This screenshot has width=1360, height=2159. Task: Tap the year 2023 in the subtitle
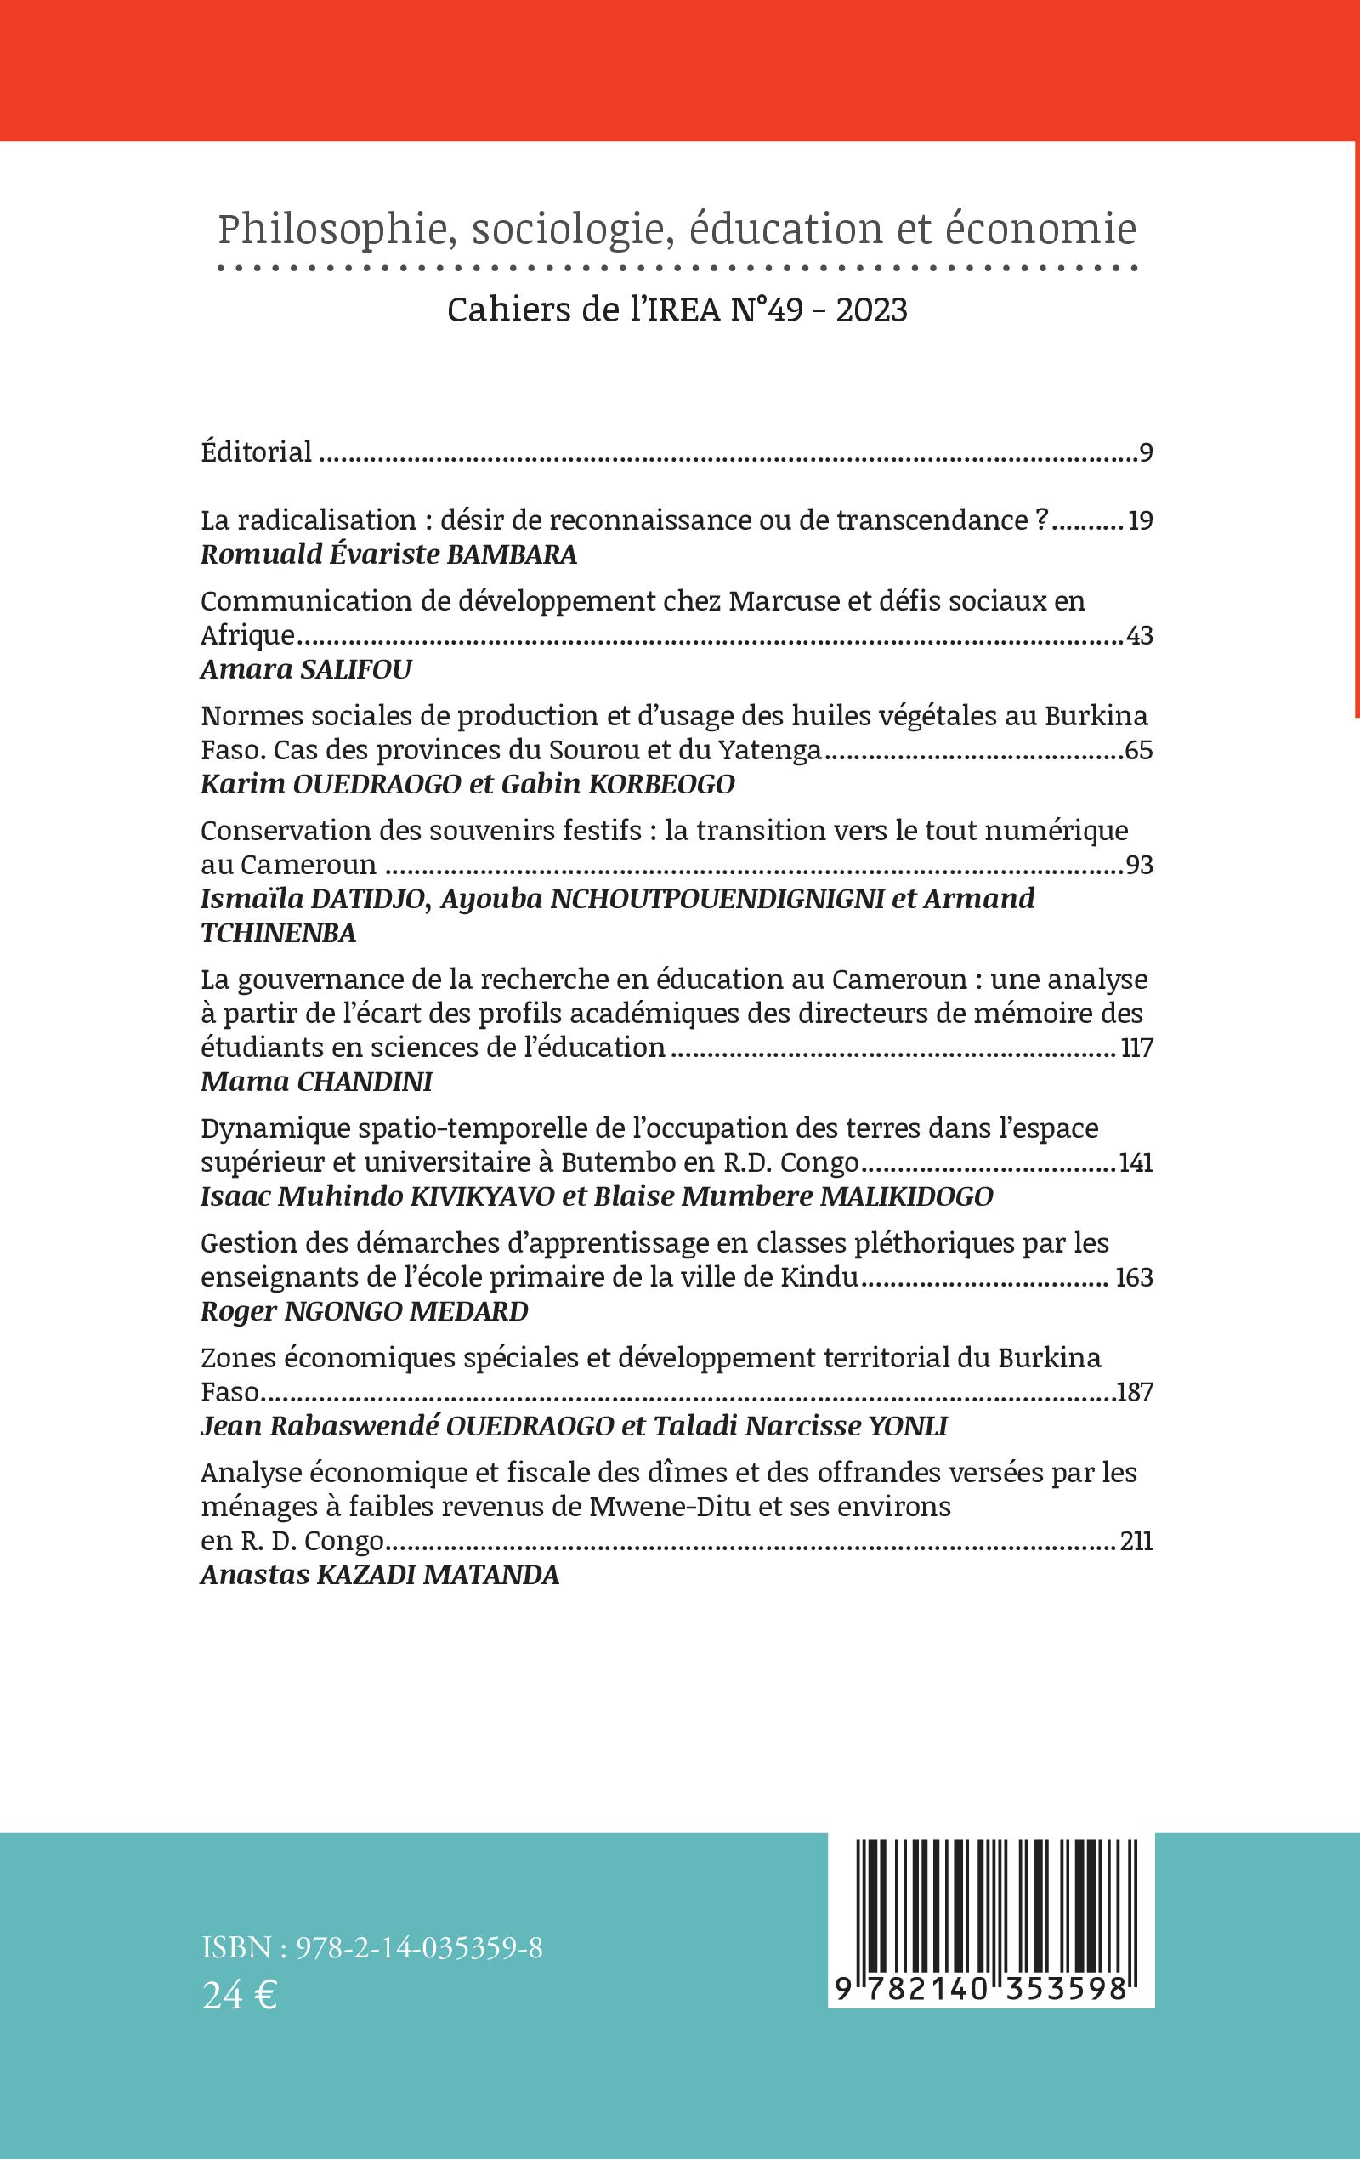(871, 310)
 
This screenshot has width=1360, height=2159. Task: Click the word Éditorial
(257, 451)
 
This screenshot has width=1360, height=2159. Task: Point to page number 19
(1140, 521)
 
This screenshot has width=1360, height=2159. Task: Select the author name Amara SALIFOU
(306, 670)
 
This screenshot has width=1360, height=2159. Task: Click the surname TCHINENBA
(279, 934)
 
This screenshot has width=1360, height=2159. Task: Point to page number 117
(1136, 1048)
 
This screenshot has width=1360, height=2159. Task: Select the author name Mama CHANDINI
(316, 1082)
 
